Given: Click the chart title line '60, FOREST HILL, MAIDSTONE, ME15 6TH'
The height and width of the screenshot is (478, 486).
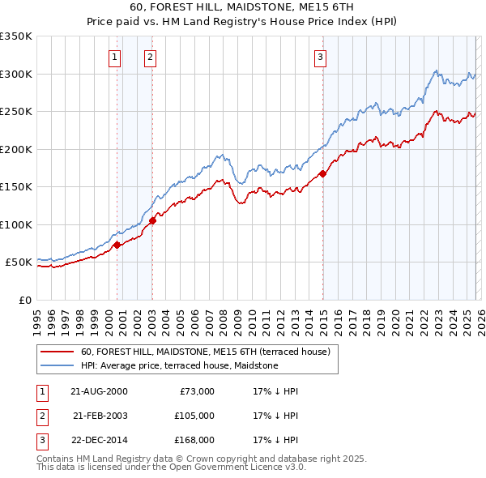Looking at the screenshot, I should [242, 9].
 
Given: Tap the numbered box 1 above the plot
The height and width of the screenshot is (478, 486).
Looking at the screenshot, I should [115, 57].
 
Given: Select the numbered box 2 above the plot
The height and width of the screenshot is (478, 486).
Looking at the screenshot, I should [151, 57].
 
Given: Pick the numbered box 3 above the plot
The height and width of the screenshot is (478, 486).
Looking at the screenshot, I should [321, 57].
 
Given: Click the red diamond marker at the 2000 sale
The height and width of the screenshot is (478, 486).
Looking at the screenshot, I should [117, 245].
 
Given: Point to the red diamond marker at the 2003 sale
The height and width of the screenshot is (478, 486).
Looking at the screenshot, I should [153, 220].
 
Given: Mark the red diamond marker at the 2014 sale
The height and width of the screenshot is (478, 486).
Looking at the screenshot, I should [323, 173].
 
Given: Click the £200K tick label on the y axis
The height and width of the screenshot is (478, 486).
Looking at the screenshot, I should [16, 149].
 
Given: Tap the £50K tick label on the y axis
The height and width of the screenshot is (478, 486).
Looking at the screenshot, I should [19, 262].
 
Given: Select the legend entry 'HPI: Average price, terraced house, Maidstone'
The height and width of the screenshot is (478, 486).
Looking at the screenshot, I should [179, 366].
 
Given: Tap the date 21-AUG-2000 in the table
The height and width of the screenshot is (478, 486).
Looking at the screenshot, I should [99, 391].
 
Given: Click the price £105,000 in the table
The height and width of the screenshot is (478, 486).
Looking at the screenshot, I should [194, 416].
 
